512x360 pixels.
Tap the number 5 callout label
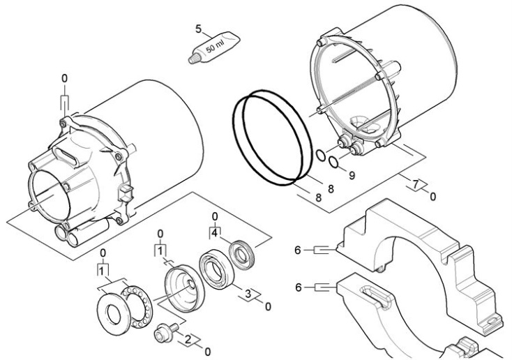[x=198, y=30]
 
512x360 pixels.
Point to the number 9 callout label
[x=352, y=175]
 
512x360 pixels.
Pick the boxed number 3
[x=248, y=295]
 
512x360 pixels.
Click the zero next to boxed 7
[x=432, y=197]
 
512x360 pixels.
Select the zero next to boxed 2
[x=206, y=351]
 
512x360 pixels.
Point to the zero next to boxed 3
[x=268, y=306]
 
